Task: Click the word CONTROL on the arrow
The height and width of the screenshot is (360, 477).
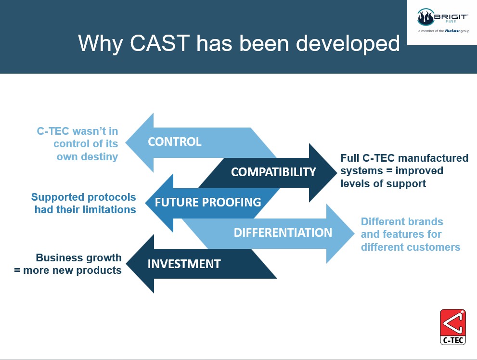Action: click(x=175, y=141)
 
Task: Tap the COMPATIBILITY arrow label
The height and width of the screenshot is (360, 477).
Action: click(x=273, y=172)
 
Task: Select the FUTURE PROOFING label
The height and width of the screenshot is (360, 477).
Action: click(x=208, y=202)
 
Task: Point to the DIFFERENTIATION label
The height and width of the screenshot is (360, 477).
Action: click(x=283, y=232)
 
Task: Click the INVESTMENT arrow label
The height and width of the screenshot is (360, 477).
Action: click(x=184, y=264)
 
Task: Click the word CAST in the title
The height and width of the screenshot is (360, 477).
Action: click(x=160, y=43)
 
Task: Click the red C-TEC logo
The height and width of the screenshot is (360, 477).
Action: click(x=453, y=327)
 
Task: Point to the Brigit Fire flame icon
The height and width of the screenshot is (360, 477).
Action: click(x=425, y=17)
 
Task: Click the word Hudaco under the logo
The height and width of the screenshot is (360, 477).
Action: click(x=452, y=31)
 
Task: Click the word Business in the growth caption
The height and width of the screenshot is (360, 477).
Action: click(x=57, y=257)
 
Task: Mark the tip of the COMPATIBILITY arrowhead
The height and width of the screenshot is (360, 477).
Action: click(x=337, y=172)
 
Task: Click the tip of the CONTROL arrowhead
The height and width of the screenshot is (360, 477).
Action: click(x=126, y=142)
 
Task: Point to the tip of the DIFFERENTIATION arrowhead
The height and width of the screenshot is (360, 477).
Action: click(x=354, y=233)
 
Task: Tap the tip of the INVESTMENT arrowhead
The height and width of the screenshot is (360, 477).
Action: click(x=126, y=264)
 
